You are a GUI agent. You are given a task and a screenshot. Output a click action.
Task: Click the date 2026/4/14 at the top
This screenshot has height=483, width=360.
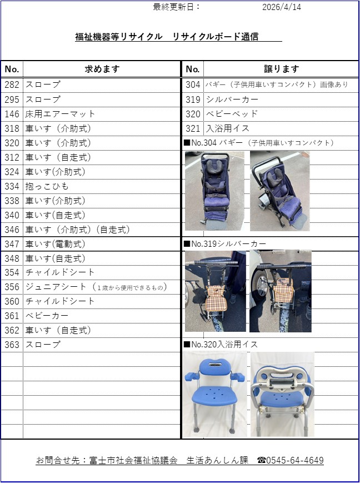point(282,7)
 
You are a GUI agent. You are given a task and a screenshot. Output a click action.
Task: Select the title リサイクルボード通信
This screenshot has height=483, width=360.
point(215,37)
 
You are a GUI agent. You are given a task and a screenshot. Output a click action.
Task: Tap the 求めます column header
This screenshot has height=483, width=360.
point(102,69)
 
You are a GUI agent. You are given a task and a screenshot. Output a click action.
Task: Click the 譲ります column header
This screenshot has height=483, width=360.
point(282,69)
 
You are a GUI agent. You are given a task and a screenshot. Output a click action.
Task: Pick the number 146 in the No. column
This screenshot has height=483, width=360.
point(12,114)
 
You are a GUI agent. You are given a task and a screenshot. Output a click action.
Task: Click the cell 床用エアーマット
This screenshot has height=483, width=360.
point(61,114)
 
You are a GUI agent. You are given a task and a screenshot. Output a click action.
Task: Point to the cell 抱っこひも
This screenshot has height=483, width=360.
point(47,186)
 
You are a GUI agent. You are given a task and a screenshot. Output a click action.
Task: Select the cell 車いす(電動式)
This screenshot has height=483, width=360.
point(55,244)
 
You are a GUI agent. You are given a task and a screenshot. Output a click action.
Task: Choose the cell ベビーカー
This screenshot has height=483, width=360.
point(47,316)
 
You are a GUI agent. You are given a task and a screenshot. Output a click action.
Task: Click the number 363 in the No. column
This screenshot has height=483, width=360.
point(12,345)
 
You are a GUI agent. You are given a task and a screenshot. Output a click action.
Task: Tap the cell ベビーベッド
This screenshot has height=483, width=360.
point(232,114)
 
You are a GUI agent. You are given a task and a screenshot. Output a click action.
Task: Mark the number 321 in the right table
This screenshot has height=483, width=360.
point(193,128)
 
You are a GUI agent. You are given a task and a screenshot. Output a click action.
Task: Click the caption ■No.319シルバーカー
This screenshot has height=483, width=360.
point(225,244)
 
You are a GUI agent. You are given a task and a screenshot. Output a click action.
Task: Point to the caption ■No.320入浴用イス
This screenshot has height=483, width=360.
point(221,345)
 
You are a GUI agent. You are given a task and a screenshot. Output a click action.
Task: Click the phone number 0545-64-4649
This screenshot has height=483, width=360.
point(294,461)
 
